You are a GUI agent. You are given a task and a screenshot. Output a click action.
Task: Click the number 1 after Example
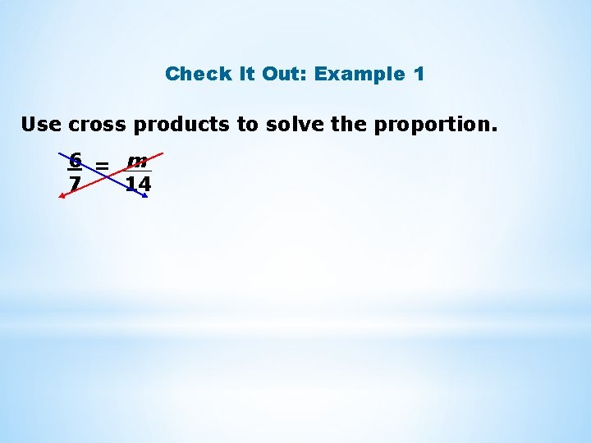pos(419,74)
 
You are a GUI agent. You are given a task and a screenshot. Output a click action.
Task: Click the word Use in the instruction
pos(39,125)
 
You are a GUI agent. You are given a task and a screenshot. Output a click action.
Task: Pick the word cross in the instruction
pos(98,125)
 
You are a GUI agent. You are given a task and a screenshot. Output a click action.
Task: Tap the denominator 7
pos(75,184)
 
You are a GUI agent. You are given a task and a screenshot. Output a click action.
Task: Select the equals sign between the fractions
pos(102,167)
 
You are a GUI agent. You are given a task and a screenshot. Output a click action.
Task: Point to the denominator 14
pos(138,184)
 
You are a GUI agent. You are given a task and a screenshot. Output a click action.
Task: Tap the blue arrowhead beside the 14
pos(144,198)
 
